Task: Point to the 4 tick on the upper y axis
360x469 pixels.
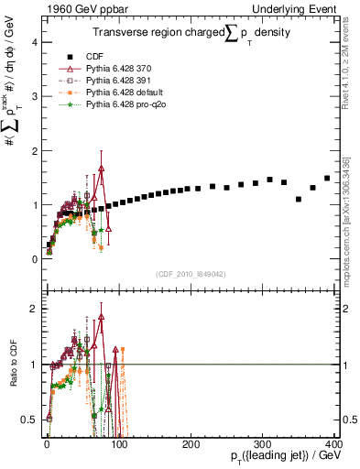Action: [36, 42]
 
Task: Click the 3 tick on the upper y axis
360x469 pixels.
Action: [36, 96]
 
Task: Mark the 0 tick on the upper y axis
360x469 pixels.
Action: [36, 259]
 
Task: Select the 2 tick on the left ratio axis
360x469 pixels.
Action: [36, 309]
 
